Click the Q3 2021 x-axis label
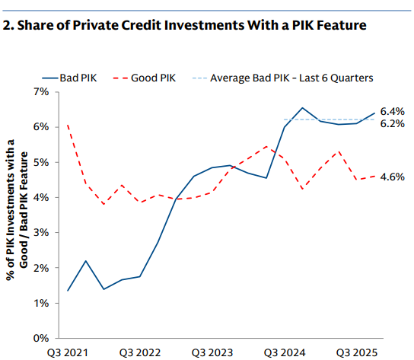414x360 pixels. point(68,353)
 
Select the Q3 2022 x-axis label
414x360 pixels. point(140,353)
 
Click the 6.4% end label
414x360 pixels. point(391,111)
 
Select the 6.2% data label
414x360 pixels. point(391,123)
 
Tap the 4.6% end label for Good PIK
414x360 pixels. point(391,177)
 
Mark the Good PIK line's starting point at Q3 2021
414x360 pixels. point(68,126)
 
